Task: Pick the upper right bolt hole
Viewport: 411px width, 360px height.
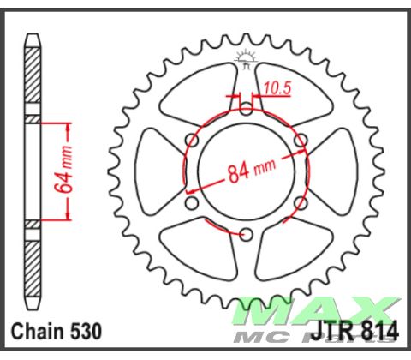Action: [x=300, y=140]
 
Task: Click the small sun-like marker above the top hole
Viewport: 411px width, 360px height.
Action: [x=246, y=61]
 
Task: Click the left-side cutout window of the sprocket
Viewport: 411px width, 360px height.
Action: [x=158, y=171]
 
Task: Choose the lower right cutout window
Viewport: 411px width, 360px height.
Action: [x=291, y=249]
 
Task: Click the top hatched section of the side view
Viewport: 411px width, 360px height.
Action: [x=32, y=77]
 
